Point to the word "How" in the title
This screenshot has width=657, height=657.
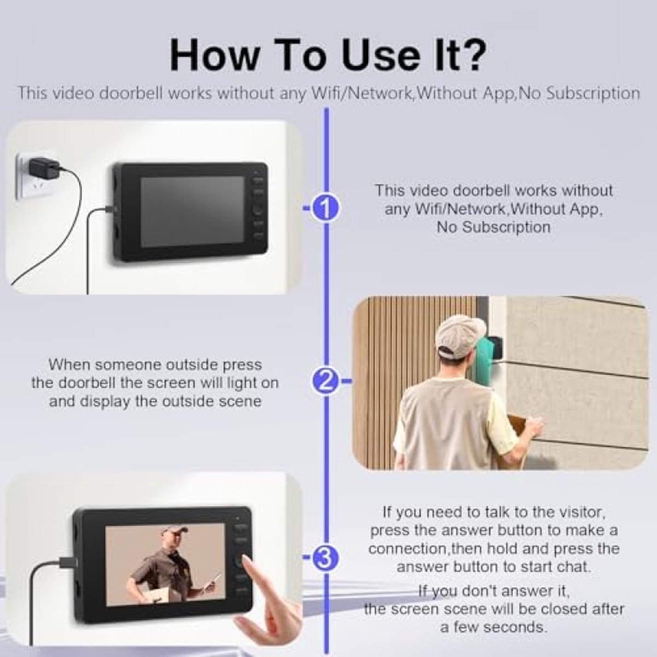tap(213, 55)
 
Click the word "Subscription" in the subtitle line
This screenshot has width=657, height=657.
tap(593, 93)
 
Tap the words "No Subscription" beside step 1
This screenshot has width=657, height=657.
tap(493, 227)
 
